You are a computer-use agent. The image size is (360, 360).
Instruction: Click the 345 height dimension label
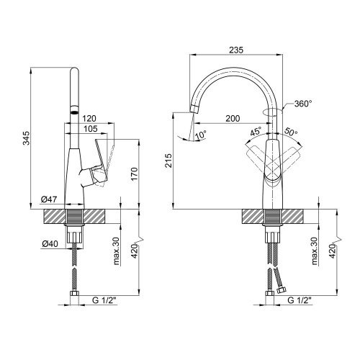click(27, 138)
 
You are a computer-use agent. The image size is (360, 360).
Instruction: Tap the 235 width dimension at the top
click(236, 50)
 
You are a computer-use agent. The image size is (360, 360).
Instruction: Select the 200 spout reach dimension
click(233, 118)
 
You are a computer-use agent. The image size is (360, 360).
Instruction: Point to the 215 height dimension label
click(168, 161)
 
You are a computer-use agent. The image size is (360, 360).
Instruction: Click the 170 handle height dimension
click(134, 174)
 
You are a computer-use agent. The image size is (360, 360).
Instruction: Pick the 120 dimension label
click(89, 118)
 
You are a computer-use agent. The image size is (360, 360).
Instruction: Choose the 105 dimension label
click(91, 129)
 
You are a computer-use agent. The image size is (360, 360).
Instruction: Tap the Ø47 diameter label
click(49, 199)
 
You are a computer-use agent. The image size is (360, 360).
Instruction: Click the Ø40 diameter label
click(50, 244)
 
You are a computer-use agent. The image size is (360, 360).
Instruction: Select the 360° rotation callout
click(303, 104)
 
